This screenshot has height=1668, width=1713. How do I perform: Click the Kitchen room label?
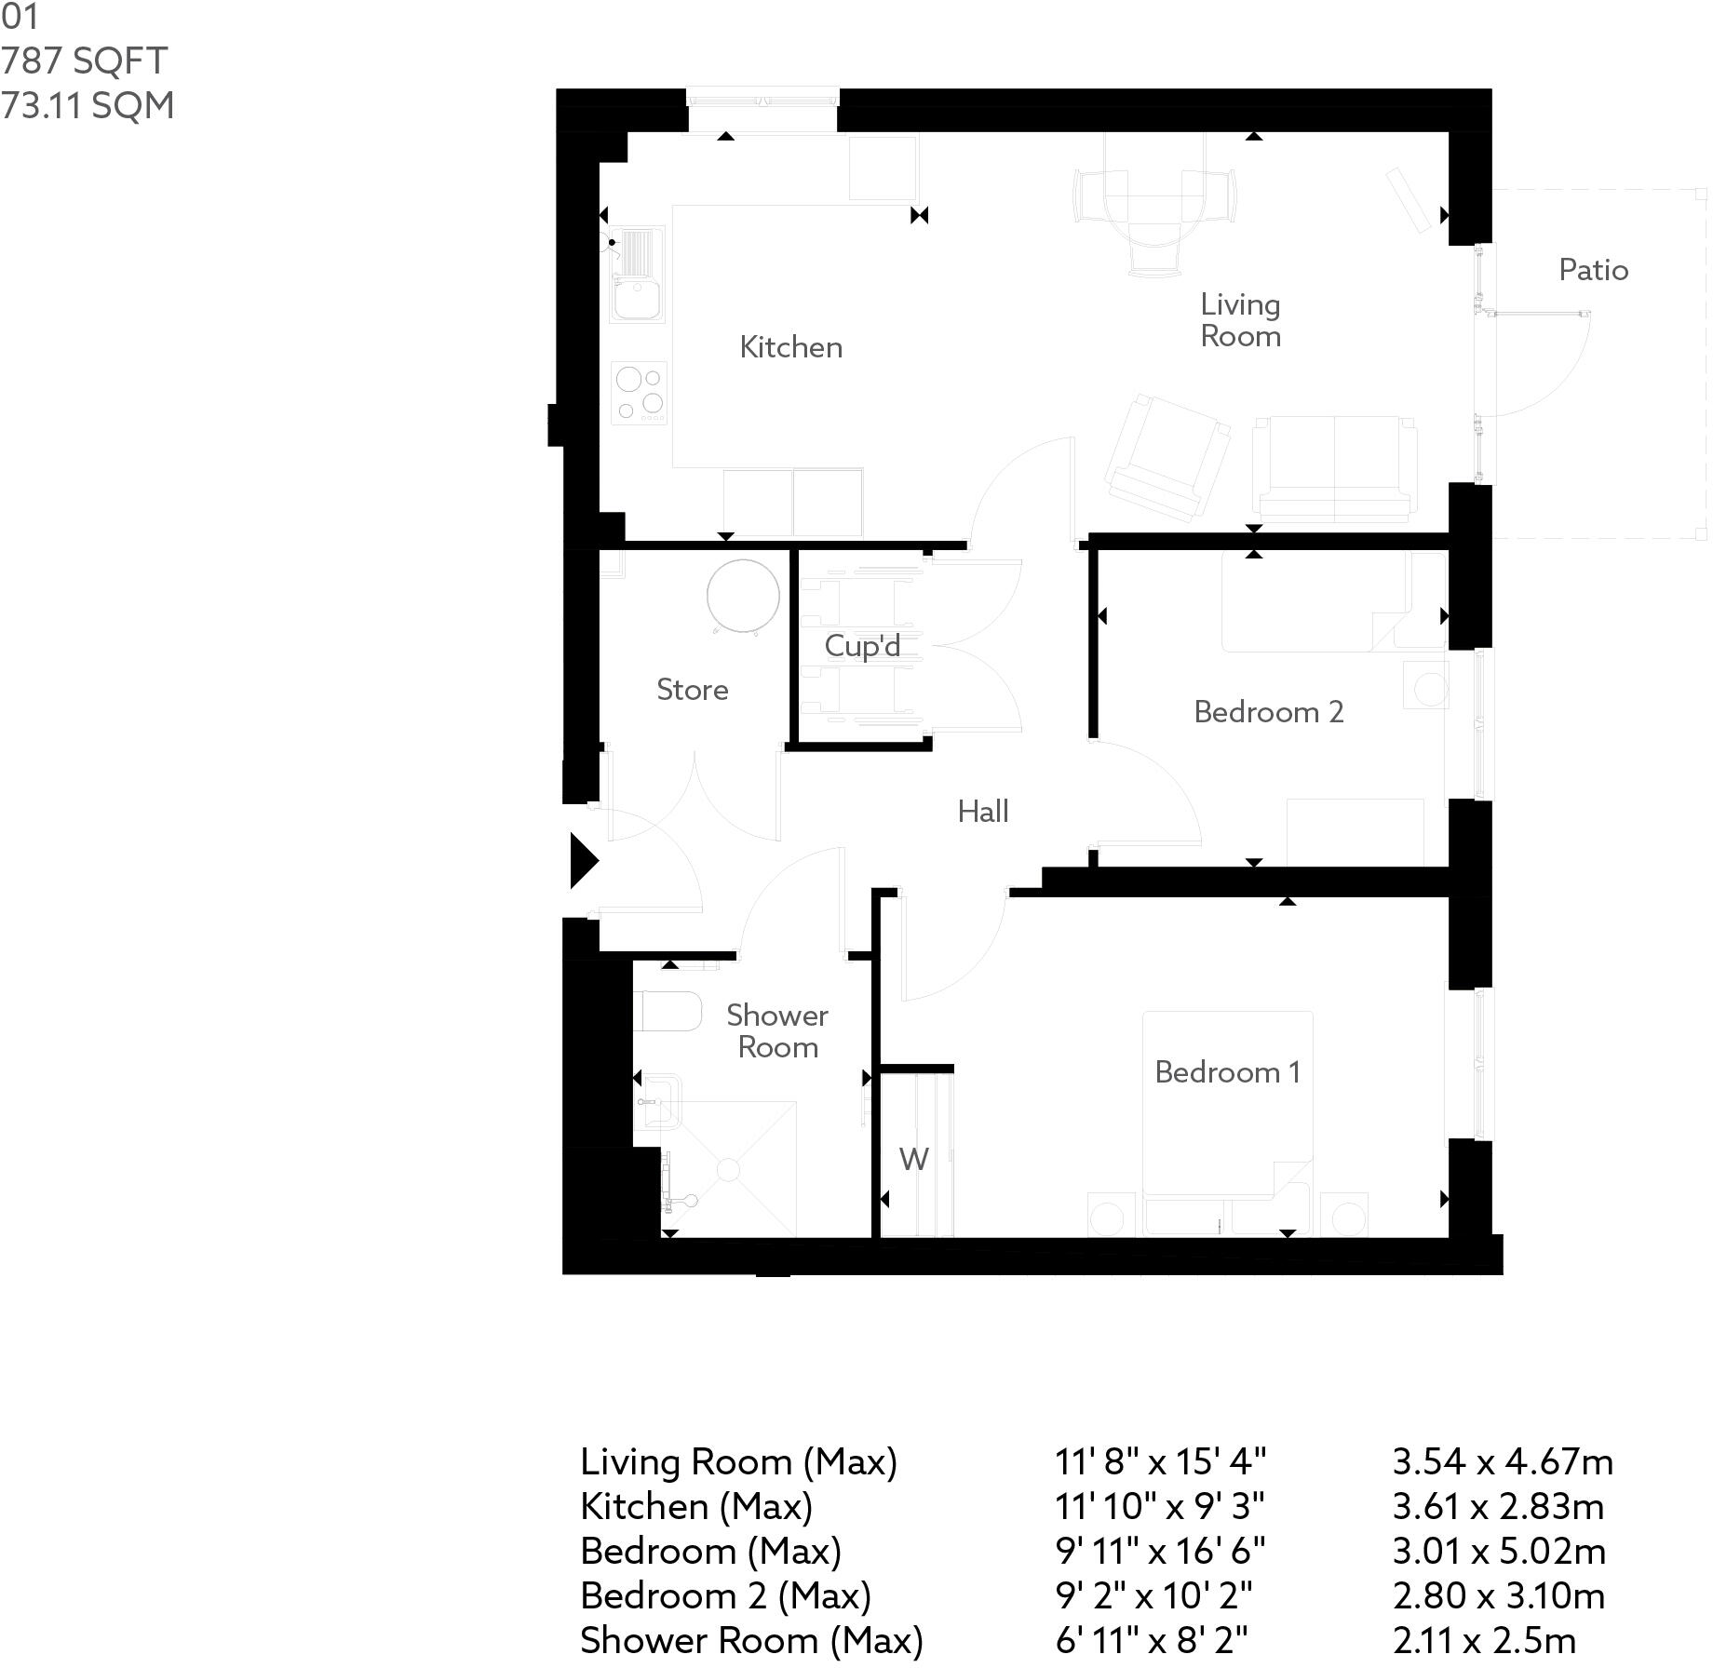pos(790,347)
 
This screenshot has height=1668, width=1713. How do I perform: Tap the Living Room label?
pos(1240,320)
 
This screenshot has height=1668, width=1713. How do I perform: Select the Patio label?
pos(1593,270)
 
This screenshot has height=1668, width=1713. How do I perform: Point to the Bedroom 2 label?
pos(1268,712)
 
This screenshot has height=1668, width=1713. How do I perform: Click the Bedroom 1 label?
pos(1226,1072)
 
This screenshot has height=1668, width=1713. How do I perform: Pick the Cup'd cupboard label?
pos(862,646)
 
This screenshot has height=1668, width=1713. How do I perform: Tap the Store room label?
pos(692,690)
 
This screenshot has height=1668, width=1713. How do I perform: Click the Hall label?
pos(983,812)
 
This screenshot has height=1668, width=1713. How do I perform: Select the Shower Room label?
pos(777,1031)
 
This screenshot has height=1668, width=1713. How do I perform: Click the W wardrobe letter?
pos(913,1160)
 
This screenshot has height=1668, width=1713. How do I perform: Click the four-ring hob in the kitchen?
pos(640,392)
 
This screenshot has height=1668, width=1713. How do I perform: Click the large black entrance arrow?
pos(583,861)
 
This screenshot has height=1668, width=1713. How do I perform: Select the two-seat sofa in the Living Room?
pos(1334,468)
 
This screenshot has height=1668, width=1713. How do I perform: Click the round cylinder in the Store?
pos(742,596)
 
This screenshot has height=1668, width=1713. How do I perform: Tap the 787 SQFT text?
pos(84,61)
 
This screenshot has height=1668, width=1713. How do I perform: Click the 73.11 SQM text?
pos(88,105)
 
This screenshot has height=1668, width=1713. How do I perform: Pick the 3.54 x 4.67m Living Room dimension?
pos(1502,1462)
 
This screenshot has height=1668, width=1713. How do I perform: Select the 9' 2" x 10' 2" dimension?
pos(1153,1596)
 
